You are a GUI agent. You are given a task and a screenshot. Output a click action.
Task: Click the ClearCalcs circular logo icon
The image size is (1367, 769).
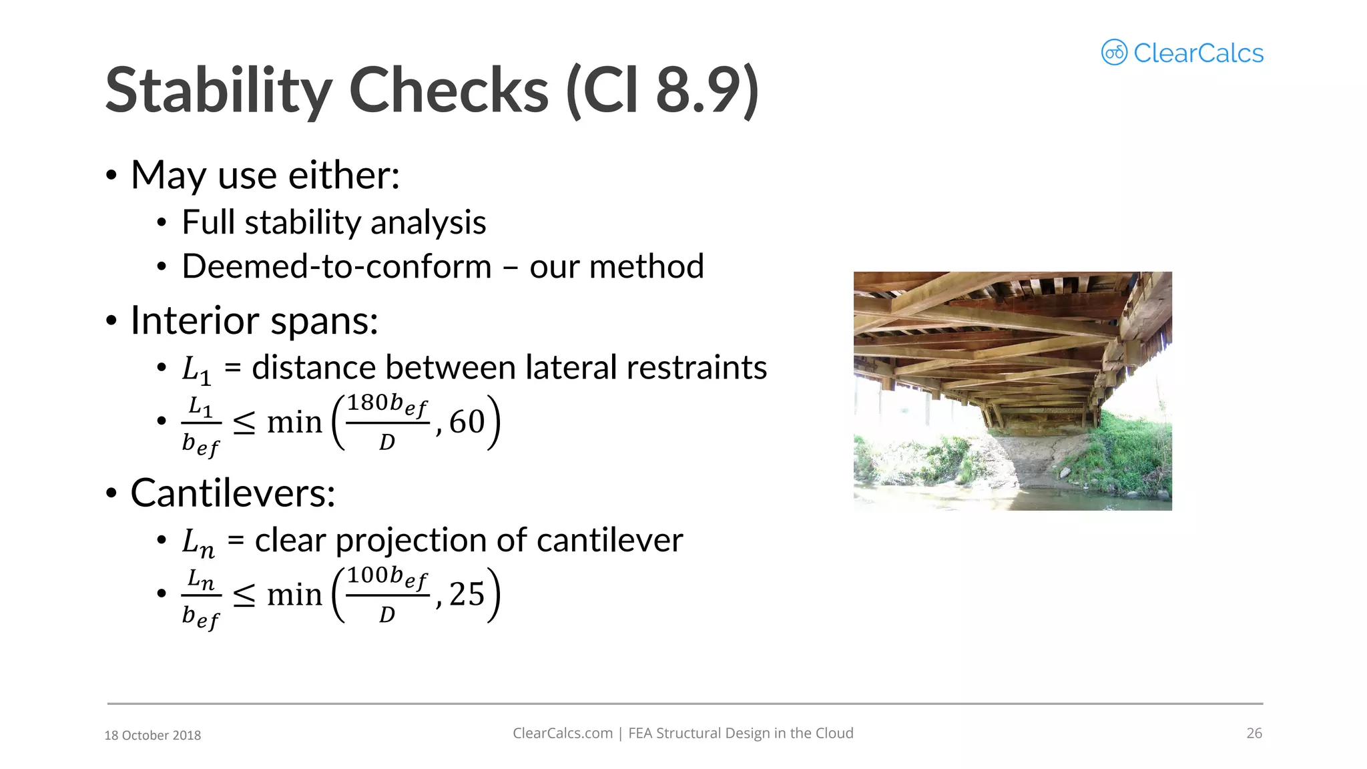click(x=1114, y=52)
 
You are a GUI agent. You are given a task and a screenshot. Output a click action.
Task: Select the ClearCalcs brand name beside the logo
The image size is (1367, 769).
click(x=1198, y=53)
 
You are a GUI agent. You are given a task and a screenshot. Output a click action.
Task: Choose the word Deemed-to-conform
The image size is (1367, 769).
click(x=336, y=266)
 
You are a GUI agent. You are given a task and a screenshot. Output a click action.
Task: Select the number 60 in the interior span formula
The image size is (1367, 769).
click(x=467, y=422)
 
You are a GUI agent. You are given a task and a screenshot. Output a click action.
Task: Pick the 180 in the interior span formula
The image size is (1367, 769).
click(x=367, y=403)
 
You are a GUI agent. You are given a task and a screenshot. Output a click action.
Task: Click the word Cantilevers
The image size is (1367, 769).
click(x=233, y=493)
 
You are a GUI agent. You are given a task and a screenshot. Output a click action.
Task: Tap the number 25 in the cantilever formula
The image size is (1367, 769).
click(x=467, y=594)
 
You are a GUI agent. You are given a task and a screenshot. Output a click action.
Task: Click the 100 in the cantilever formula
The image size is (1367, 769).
click(x=367, y=575)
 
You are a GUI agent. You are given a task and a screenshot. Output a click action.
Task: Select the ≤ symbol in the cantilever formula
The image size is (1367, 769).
click(x=244, y=595)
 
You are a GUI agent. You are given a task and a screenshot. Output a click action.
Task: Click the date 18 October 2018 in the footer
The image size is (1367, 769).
click(x=152, y=735)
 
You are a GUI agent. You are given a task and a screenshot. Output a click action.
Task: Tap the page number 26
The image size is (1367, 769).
click(x=1254, y=733)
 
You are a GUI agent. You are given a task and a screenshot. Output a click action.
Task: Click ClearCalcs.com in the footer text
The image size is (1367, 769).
click(x=562, y=733)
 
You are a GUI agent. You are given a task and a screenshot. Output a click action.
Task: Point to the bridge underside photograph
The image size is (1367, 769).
click(x=1013, y=391)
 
